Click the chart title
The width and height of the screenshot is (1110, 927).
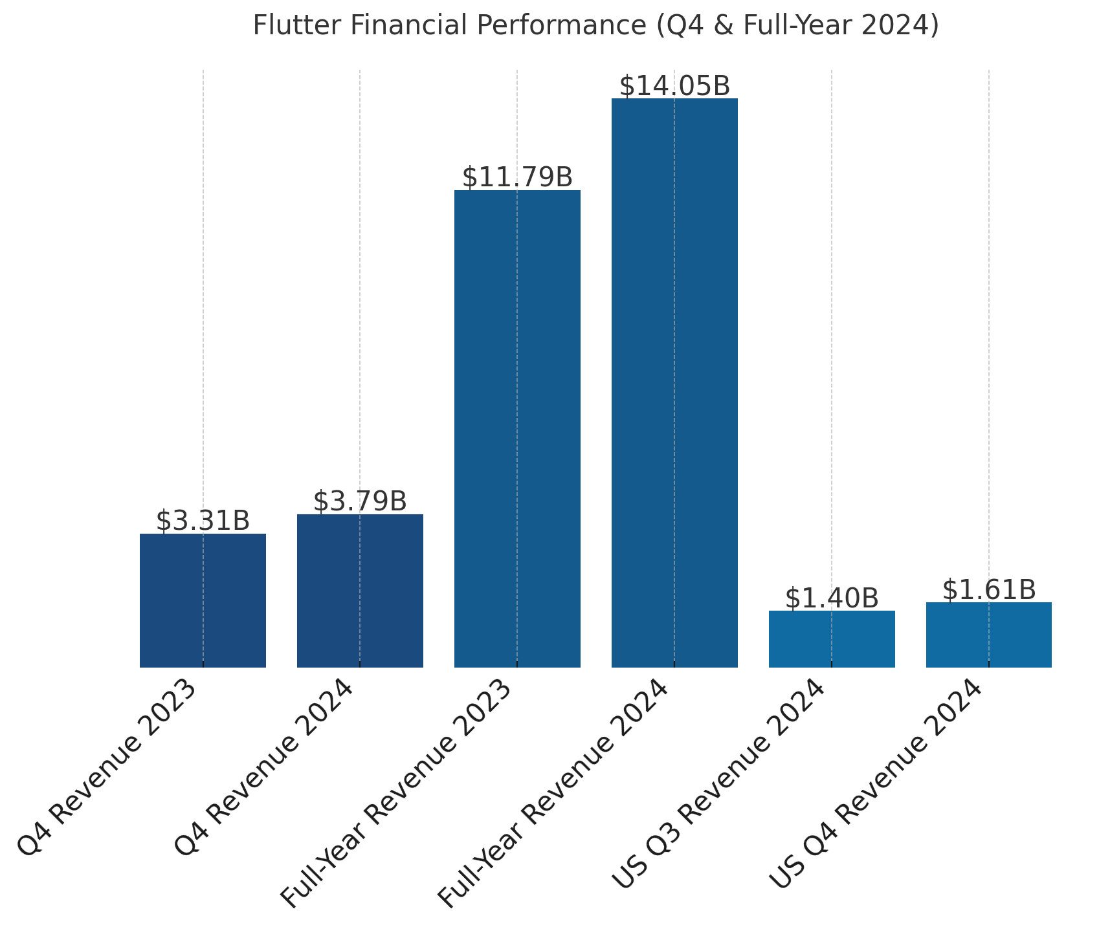coord(595,26)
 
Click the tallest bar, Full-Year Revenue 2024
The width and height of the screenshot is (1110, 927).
coord(674,382)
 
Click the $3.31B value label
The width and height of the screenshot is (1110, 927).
coord(203,521)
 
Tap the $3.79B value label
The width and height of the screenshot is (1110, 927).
coord(360,501)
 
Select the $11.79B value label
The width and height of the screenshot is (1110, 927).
coord(517,177)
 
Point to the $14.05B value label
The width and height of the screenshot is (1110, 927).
coord(674,86)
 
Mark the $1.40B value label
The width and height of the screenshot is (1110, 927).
coord(832,598)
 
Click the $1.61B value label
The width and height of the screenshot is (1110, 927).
coord(988,589)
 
